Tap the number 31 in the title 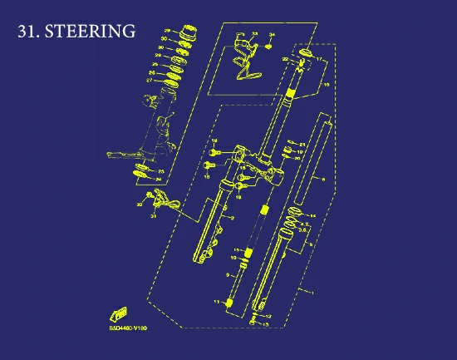(x=27, y=32)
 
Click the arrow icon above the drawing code (x=116, y=314)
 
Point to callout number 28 (x=168, y=32)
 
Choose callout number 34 (x=271, y=34)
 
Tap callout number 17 (x=319, y=61)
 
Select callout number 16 (x=326, y=85)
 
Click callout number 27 (x=164, y=81)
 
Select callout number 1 (x=312, y=293)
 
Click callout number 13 (x=265, y=323)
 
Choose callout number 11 (x=216, y=301)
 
